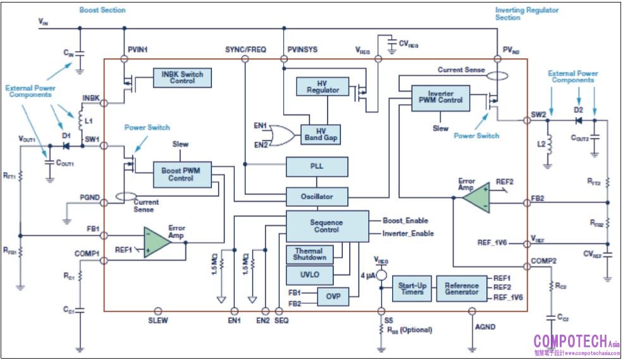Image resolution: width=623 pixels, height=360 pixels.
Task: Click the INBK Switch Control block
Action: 182,78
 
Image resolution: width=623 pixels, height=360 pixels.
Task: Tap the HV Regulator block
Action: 323,87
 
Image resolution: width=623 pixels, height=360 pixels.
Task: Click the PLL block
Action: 317,167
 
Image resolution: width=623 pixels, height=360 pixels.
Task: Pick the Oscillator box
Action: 317,197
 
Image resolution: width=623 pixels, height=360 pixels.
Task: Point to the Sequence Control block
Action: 326,226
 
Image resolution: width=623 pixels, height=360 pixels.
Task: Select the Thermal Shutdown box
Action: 310,254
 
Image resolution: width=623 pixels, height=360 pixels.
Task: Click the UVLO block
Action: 310,276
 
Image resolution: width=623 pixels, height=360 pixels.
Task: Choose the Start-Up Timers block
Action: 412,288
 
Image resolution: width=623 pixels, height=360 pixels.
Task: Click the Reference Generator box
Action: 461,288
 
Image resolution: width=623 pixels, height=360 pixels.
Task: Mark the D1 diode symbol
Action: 66,146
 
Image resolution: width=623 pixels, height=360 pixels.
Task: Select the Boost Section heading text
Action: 102,10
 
